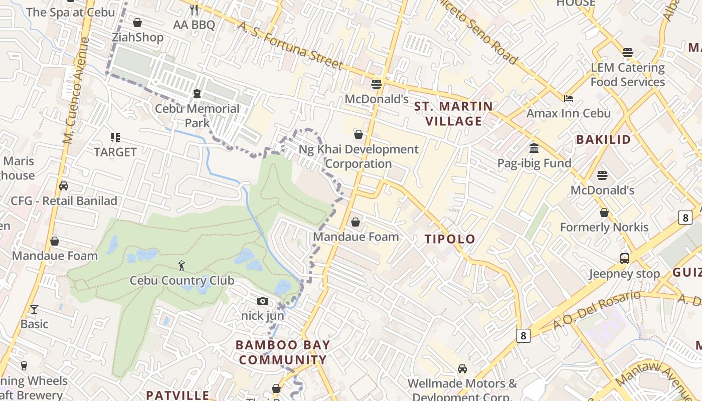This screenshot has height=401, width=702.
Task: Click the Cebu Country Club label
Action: (x=182, y=280)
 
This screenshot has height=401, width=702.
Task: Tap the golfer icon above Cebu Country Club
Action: (x=182, y=266)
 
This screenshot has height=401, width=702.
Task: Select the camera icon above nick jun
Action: (x=262, y=301)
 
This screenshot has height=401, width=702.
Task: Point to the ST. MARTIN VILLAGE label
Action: (x=453, y=114)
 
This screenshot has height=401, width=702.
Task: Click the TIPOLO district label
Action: (x=450, y=239)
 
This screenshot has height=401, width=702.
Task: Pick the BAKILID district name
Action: (x=603, y=139)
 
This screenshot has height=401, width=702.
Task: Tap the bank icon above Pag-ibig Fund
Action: (x=534, y=148)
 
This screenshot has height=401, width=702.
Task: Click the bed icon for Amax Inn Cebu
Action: (x=569, y=98)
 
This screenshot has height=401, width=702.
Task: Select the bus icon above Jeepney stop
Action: (x=624, y=259)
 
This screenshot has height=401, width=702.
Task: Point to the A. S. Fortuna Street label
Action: (x=290, y=45)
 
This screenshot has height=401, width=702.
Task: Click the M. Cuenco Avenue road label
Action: (x=74, y=90)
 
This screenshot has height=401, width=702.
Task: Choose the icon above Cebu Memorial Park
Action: (x=197, y=94)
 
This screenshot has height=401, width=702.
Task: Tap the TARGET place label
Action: (x=115, y=152)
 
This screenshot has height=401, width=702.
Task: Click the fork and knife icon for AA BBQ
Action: (x=194, y=10)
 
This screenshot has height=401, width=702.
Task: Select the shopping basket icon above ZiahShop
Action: (x=137, y=23)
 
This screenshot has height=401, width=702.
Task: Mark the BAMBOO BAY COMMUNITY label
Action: (x=283, y=352)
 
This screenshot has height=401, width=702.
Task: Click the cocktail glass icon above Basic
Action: (x=34, y=309)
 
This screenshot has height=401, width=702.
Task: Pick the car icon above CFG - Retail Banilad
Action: (x=64, y=186)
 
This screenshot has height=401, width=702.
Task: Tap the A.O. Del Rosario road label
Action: (x=597, y=310)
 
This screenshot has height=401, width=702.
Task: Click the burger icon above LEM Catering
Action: (x=627, y=53)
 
